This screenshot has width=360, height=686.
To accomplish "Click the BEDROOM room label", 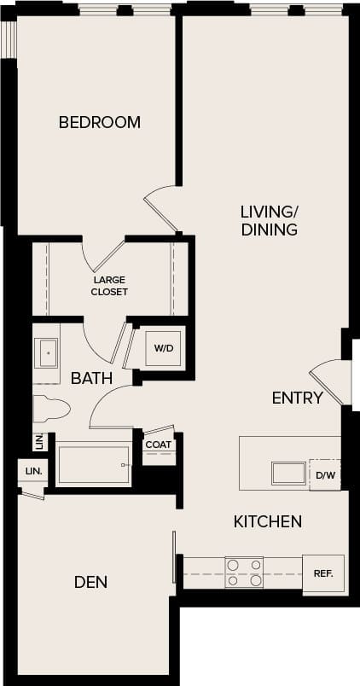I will point(99,122).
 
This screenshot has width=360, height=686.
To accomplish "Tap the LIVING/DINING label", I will point(269,220).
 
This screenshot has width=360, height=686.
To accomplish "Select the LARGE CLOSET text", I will point(110,285).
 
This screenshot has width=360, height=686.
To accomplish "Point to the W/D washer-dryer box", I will point(163,348).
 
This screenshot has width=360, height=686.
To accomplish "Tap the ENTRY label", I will point(297,398).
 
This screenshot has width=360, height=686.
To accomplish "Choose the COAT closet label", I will point(158,445).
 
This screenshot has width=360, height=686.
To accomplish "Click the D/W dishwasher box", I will point(324,474).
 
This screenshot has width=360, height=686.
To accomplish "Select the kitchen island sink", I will point(287,473).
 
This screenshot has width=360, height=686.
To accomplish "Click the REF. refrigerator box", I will point(323,573).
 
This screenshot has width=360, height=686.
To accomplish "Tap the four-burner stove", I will point(243,573).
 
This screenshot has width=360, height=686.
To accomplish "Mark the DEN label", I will point(90,582).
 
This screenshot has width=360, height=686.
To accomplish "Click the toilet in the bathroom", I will point(49,410).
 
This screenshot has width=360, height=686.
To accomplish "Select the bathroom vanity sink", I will point(46,352).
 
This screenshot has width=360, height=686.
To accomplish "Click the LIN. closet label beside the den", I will point(32,471).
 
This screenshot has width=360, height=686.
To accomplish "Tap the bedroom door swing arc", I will point(160,205).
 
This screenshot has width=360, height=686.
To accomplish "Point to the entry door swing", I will point(328,380).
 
